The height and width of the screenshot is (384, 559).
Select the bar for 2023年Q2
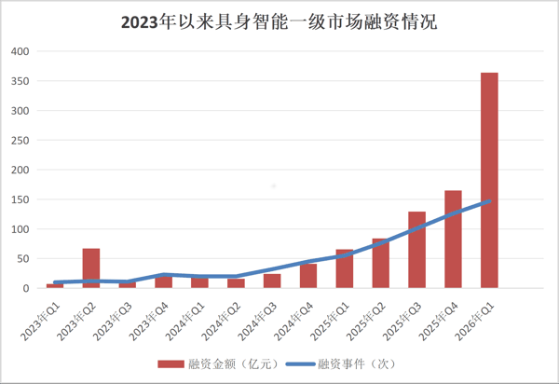click(90, 268)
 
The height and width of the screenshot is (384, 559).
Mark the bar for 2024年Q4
click(308, 276)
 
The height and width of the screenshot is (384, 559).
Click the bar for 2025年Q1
click(344, 269)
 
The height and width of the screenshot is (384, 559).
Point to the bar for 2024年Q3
click(272, 281)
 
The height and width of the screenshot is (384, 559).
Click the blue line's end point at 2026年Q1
click(489, 200)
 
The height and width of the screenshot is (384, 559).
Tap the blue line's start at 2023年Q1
click(55, 282)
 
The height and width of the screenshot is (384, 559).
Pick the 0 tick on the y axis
click(27, 288)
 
